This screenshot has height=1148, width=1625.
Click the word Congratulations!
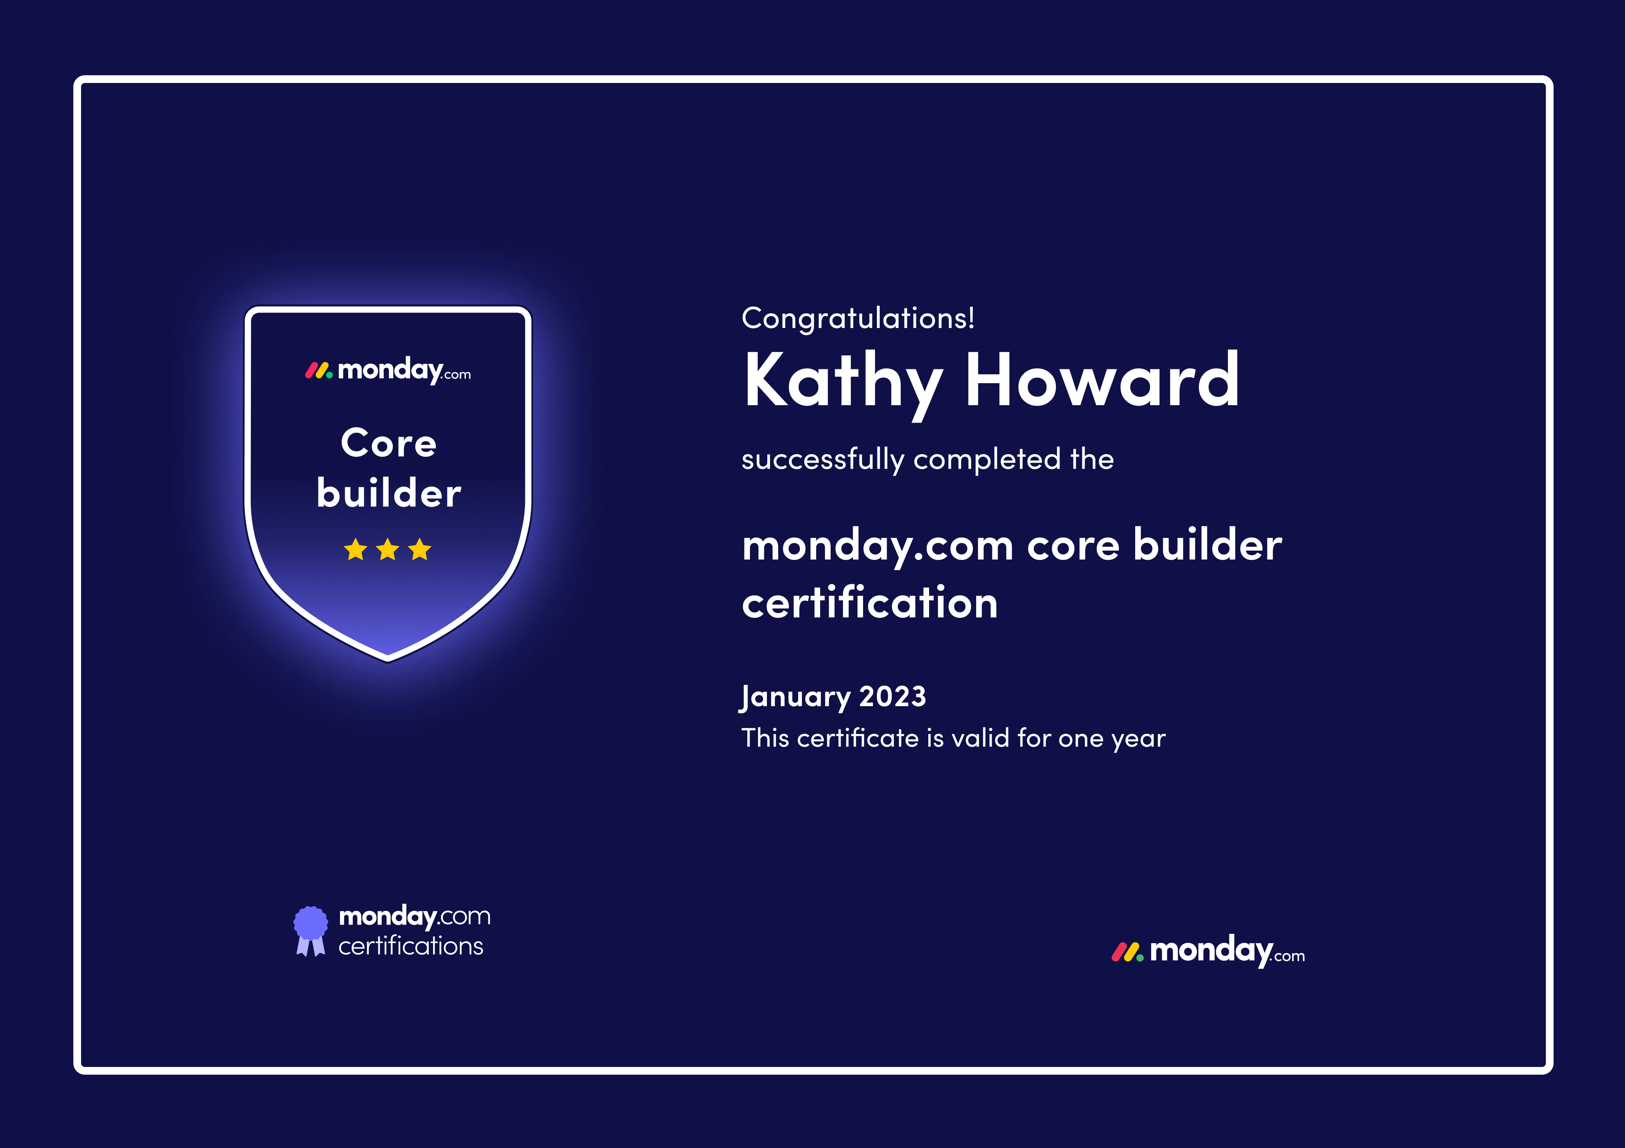point(858,318)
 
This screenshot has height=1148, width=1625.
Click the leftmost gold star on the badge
point(355,549)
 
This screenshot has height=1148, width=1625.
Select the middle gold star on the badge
point(388,549)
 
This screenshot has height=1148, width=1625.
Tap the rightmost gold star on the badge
point(420,549)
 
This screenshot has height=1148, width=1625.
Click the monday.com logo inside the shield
point(388,370)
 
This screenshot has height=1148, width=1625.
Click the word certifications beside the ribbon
point(411,946)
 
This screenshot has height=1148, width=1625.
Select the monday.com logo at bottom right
point(1208,950)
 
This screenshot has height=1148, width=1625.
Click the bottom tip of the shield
point(388,662)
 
